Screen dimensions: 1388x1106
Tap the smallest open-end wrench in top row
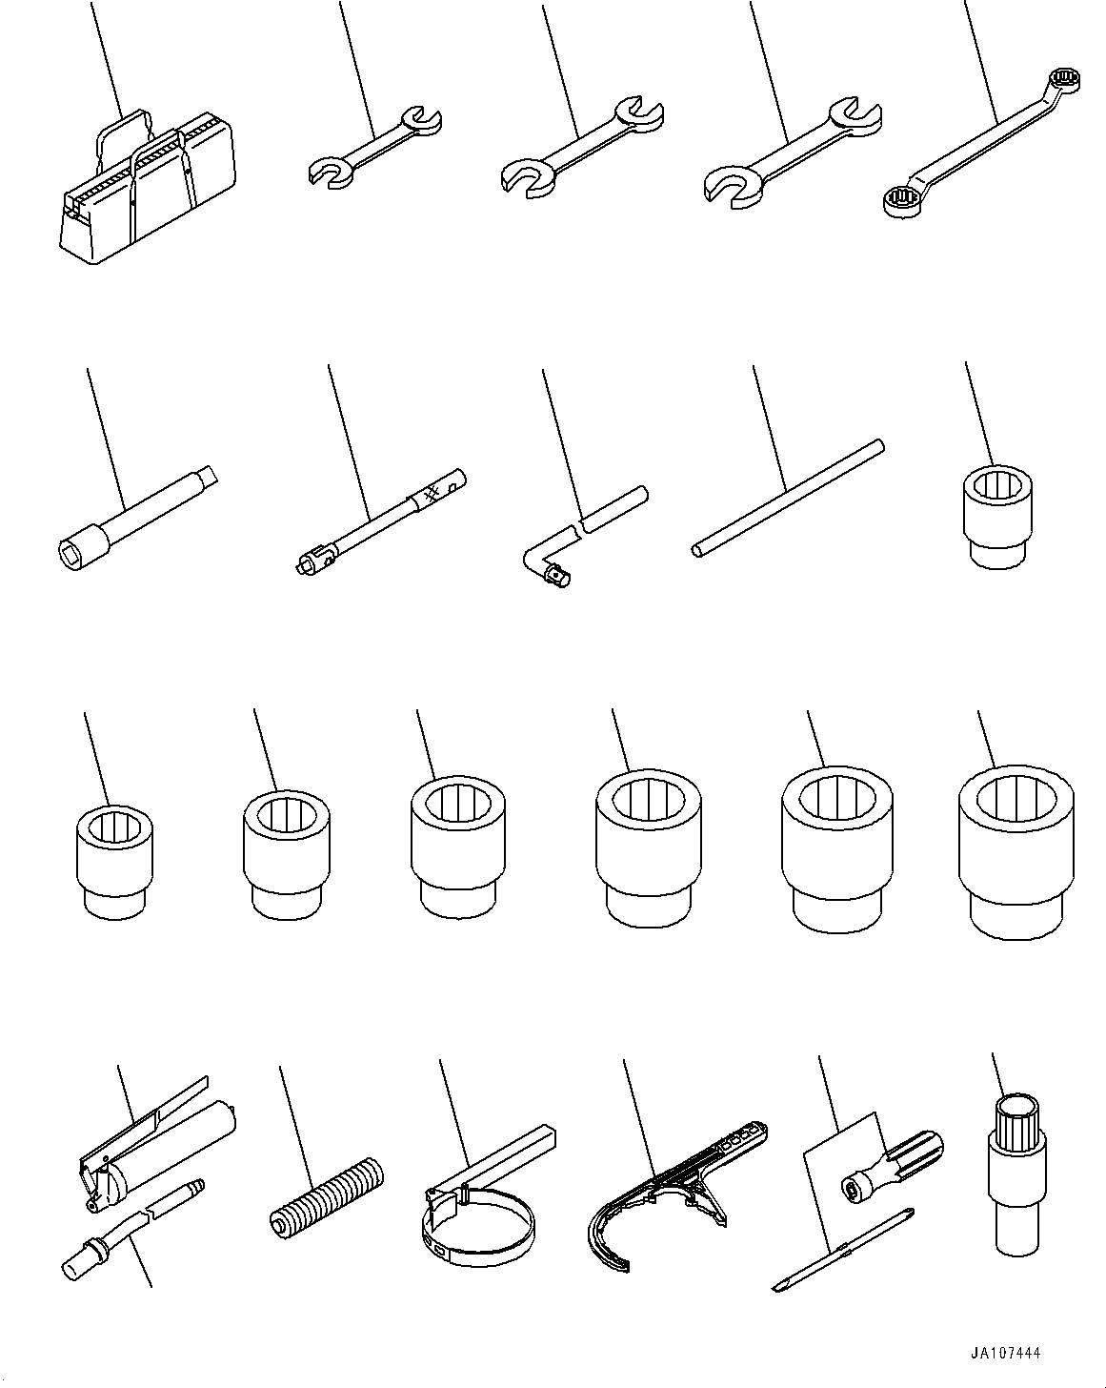pyautogui.click(x=376, y=145)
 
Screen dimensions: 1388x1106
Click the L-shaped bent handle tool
pyautogui.click(x=586, y=529)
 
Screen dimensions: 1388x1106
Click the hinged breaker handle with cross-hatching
pyautogui.click(x=381, y=522)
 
